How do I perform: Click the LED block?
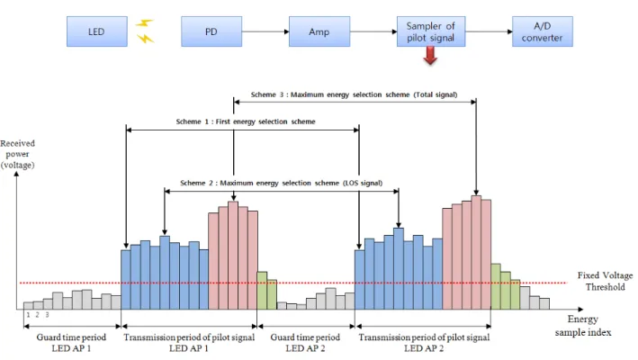(x=97, y=31)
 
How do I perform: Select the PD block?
(x=211, y=31)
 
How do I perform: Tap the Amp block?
(x=319, y=31)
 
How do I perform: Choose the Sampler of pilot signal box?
(x=431, y=31)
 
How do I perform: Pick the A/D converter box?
(x=543, y=31)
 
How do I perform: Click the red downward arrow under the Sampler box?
(x=430, y=55)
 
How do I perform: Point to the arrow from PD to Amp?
(x=265, y=31)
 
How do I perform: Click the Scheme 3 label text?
(x=354, y=94)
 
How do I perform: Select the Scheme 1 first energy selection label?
(x=246, y=121)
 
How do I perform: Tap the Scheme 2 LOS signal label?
(x=281, y=183)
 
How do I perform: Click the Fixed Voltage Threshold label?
(x=605, y=281)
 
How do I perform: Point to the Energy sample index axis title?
(x=583, y=326)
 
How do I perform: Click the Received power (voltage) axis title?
(x=17, y=154)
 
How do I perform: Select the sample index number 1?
(x=28, y=315)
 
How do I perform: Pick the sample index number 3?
(x=47, y=315)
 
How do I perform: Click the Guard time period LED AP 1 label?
(x=71, y=343)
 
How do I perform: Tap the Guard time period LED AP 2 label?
(x=305, y=343)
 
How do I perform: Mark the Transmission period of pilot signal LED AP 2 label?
(x=424, y=343)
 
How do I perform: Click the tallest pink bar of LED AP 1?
(x=233, y=256)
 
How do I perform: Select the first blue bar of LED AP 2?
(x=360, y=280)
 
